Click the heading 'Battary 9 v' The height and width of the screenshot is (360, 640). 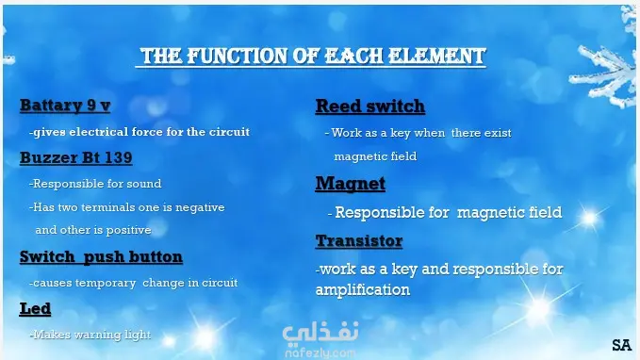tap(65, 106)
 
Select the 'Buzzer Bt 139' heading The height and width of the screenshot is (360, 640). tap(76, 157)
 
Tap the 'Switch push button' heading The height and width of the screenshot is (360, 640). tap(101, 256)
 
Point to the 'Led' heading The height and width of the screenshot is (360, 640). tap(35, 308)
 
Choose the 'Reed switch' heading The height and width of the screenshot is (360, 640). tap(370, 106)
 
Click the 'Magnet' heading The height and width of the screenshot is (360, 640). tap(351, 183)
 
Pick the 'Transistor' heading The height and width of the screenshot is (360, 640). tap(359, 241)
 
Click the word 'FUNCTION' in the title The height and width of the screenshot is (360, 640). tap(238, 56)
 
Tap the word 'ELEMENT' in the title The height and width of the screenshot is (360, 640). tap(436, 56)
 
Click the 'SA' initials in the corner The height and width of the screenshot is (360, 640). tap(622, 345)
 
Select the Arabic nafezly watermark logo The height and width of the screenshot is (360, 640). tap(320, 333)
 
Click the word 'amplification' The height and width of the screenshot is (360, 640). tap(363, 290)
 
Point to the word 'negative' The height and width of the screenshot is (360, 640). tap(200, 207)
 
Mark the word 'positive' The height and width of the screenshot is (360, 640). tap(128, 230)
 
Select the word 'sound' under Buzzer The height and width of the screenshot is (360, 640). tap(144, 184)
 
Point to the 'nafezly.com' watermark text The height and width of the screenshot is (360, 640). tap(320, 353)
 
